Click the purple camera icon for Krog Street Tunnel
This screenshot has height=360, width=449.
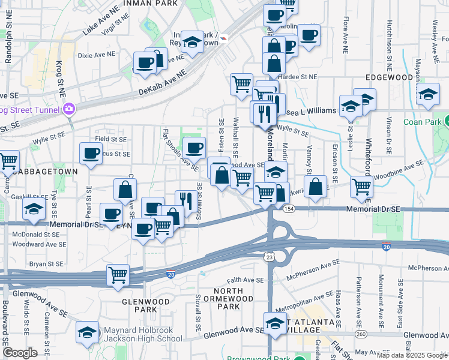pos(68,109)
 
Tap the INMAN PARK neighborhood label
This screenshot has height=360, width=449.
pos(151,4)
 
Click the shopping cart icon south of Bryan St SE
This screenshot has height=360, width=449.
pos(118,275)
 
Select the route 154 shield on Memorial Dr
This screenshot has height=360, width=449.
pos(290,208)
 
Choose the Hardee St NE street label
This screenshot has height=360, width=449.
pos(300,77)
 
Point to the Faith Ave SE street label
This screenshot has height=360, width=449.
pos(245,280)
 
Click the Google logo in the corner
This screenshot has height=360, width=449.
pos(20,353)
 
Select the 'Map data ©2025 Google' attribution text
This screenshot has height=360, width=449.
pos(412,355)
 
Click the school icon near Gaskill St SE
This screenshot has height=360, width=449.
pos(34,209)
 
